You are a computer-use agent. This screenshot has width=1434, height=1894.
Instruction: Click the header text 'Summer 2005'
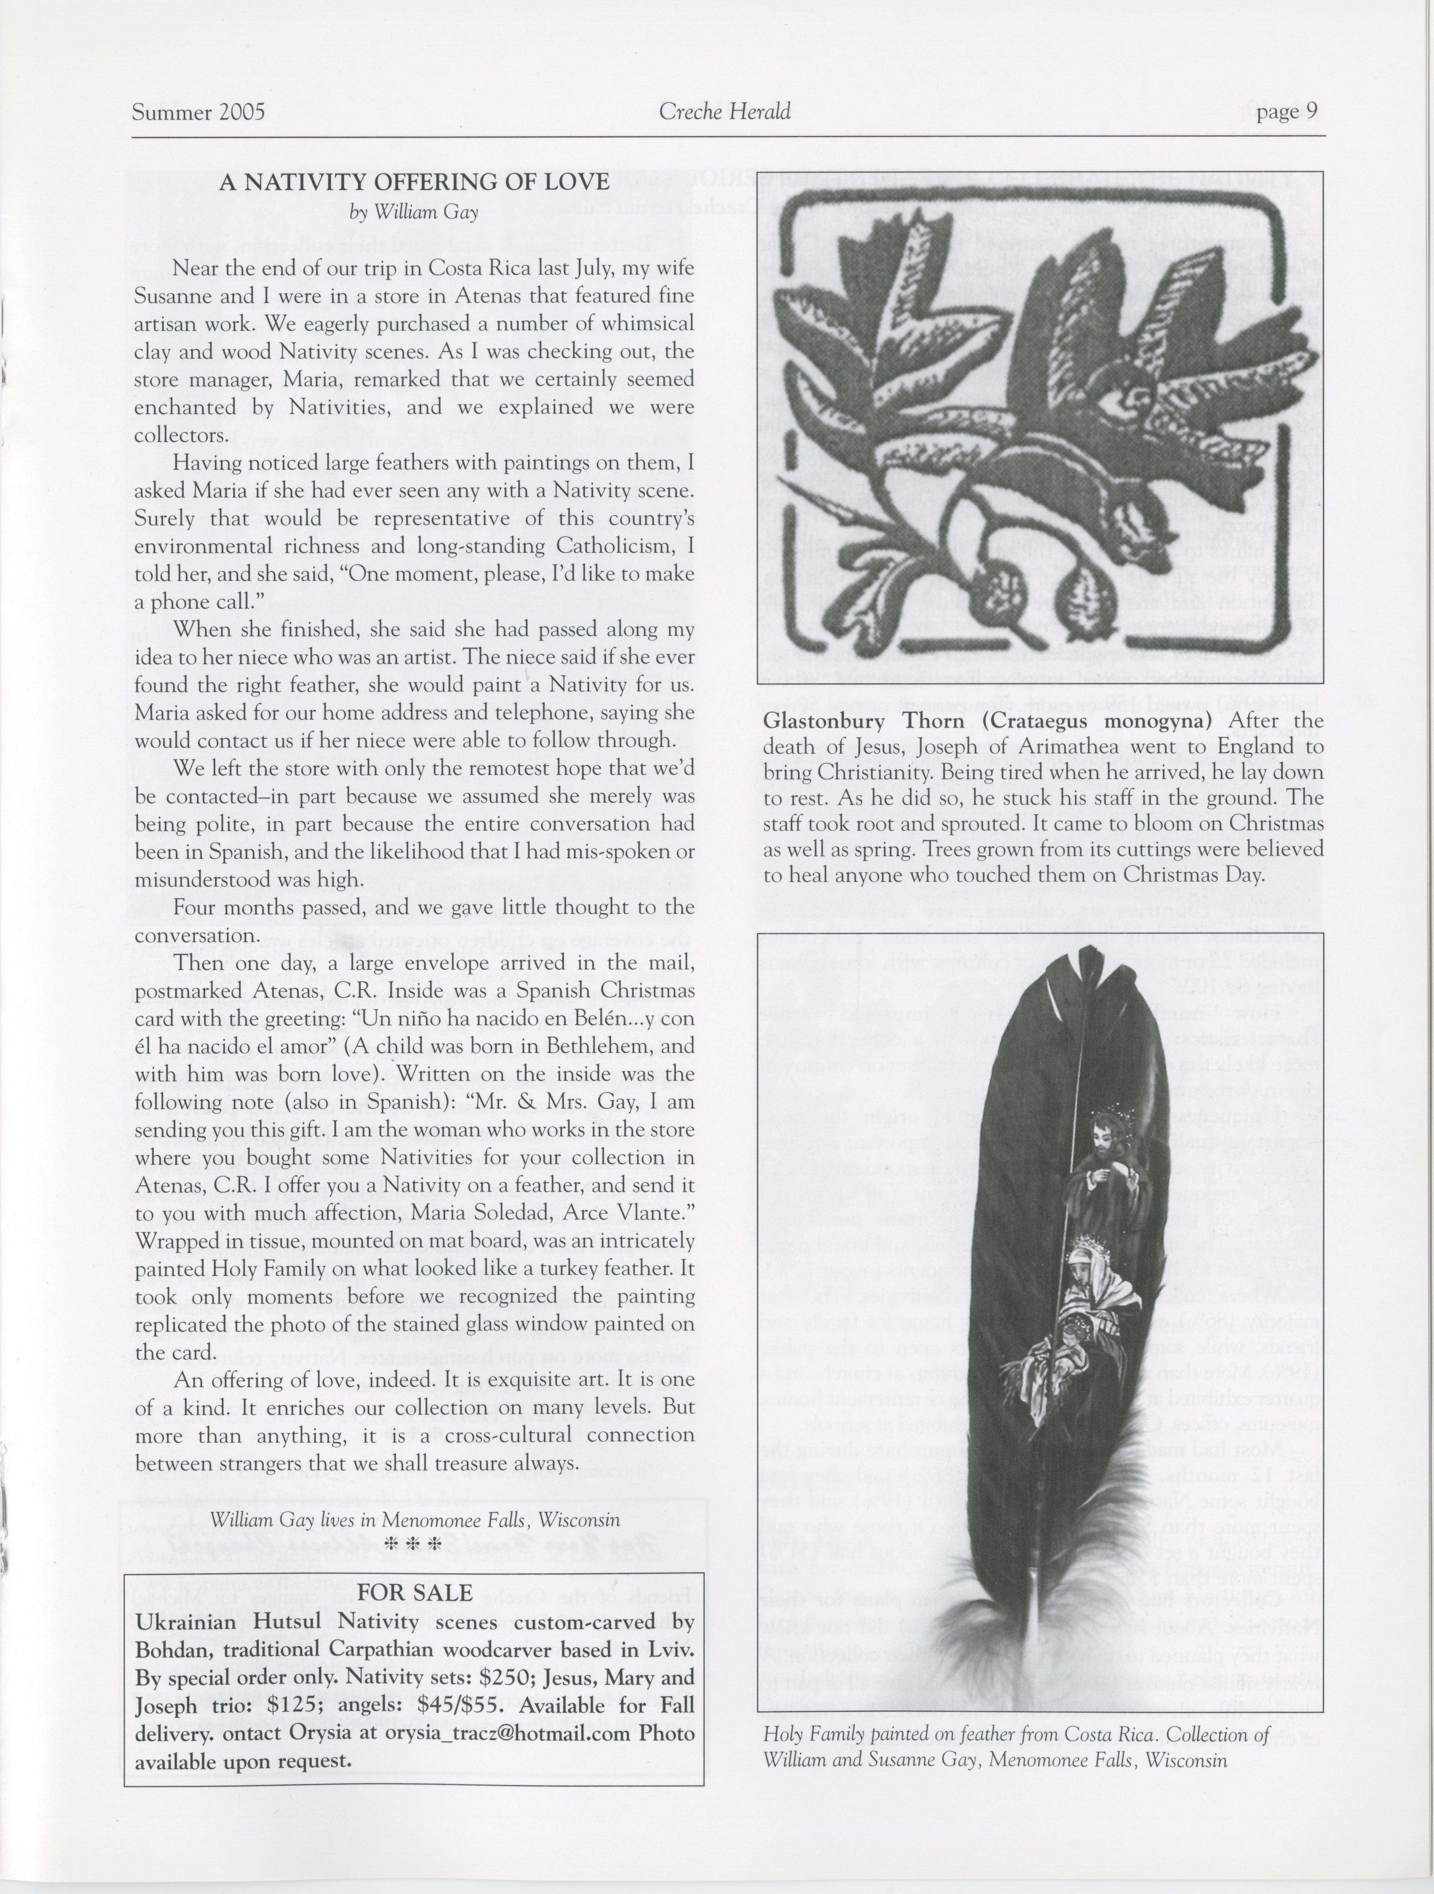pyautogui.click(x=198, y=112)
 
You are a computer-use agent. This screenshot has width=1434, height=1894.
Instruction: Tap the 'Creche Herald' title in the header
pyautogui.click(x=724, y=111)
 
